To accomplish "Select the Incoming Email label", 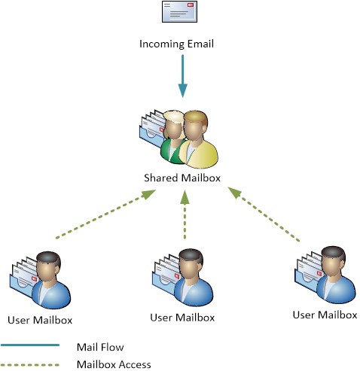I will click(177, 44).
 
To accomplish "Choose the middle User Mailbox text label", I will click(182, 318).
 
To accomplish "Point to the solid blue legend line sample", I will click(30, 346).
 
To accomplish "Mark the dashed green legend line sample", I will click(30, 363).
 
